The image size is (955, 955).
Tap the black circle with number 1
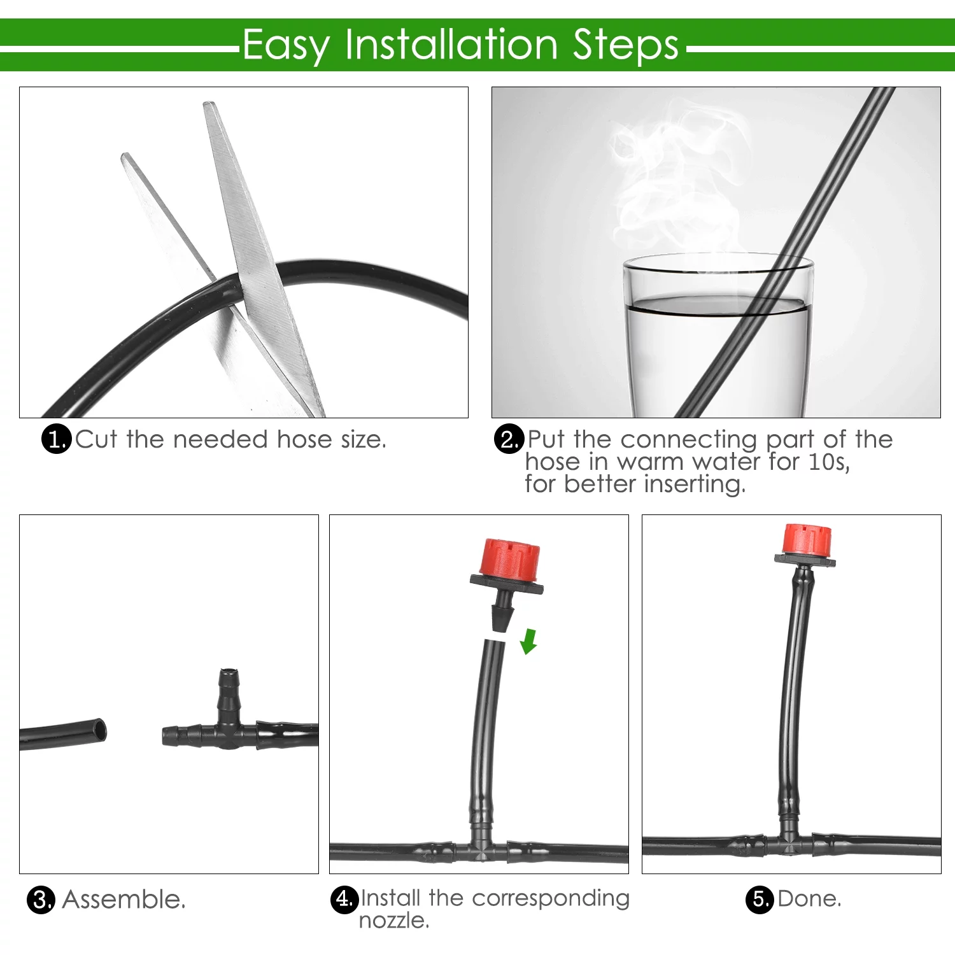(56, 439)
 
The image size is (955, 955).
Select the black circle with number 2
(509, 439)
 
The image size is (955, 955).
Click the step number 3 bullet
(41, 900)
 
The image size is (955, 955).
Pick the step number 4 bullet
(344, 899)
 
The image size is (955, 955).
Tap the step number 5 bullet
(759, 899)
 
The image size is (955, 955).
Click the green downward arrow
(528, 641)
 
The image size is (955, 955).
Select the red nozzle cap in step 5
(807, 539)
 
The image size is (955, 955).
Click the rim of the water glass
(718, 261)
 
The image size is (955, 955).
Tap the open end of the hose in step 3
(99, 731)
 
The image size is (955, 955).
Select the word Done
(809, 899)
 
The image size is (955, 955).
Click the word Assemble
(124, 900)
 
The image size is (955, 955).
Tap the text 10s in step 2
(828, 462)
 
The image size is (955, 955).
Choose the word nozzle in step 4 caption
(393, 921)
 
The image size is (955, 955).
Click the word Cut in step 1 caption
(96, 439)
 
